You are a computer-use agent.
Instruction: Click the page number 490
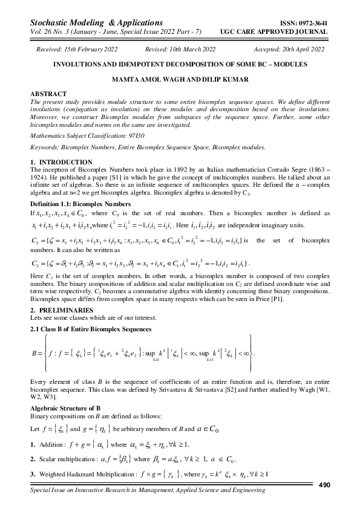(x=324, y=485)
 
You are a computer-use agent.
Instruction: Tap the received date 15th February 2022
(x=91, y=49)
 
